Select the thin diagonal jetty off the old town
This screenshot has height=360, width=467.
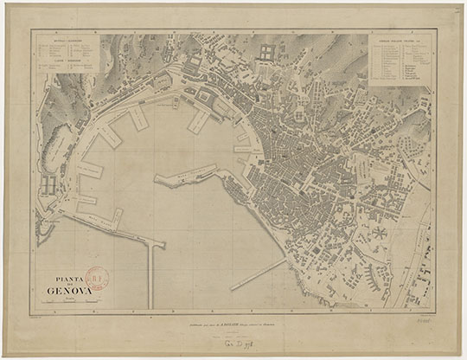(x=258, y=274)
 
